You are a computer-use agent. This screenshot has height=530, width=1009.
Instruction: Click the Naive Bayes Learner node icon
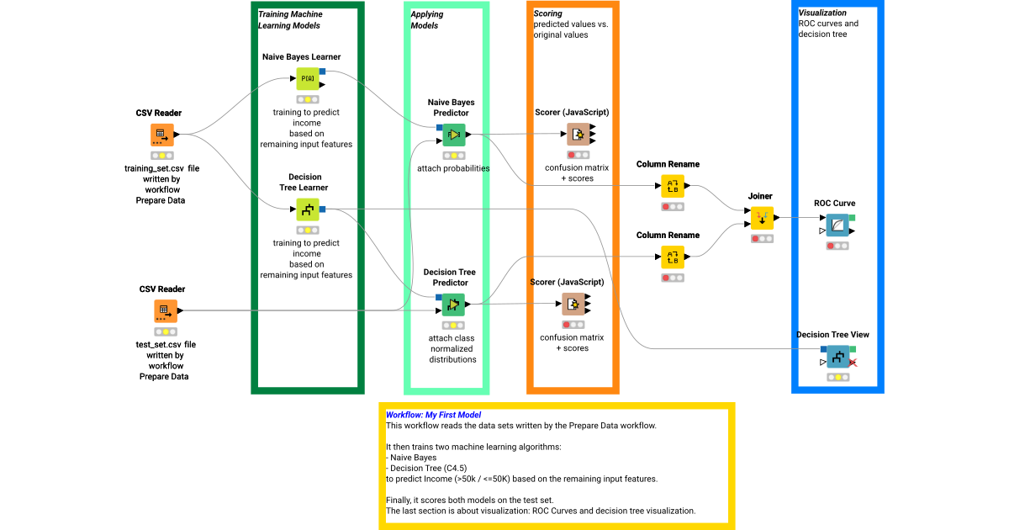pyautogui.click(x=307, y=79)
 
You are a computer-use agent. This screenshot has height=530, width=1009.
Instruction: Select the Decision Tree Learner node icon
pyautogui.click(x=307, y=209)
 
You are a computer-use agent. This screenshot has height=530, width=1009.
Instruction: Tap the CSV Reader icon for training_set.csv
pyautogui.click(x=162, y=135)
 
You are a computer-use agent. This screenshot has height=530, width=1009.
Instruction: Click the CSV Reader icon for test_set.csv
pyautogui.click(x=166, y=310)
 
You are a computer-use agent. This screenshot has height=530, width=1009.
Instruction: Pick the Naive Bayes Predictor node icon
pyautogui.click(x=454, y=135)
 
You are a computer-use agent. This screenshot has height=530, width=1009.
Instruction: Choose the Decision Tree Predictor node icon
pyautogui.click(x=454, y=305)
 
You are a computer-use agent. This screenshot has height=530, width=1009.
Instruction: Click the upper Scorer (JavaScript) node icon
pyautogui.click(x=578, y=135)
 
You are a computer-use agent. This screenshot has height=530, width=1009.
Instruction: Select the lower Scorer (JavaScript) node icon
pyautogui.click(x=573, y=305)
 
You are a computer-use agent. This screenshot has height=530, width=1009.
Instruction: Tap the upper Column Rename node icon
pyautogui.click(x=672, y=186)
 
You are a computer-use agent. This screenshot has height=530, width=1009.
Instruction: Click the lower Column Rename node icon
pyautogui.click(x=672, y=257)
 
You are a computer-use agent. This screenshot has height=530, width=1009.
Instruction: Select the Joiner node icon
pyautogui.click(x=762, y=218)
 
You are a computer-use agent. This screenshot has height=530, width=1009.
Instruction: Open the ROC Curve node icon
pyautogui.click(x=837, y=225)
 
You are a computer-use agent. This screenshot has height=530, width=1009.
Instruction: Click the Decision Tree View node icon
pyautogui.click(x=837, y=357)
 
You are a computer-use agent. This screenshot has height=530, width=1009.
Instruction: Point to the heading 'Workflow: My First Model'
pyautogui.click(x=433, y=415)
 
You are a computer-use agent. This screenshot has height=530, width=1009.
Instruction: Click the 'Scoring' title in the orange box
pyautogui.click(x=548, y=14)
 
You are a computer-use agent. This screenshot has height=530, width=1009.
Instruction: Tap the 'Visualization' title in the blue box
pyautogui.click(x=822, y=13)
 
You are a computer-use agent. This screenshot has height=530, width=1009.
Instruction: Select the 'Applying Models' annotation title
pyautogui.click(x=427, y=20)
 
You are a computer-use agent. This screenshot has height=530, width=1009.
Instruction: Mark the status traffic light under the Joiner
pyautogui.click(x=762, y=239)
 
